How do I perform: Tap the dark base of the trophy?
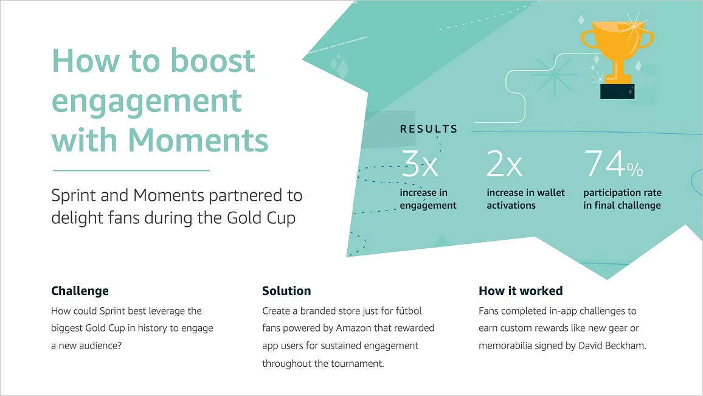[x=617, y=91]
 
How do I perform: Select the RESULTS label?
[x=429, y=129]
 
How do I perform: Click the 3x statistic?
[x=420, y=164]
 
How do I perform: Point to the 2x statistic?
[x=504, y=164]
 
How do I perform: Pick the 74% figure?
[x=613, y=164]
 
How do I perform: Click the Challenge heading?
[x=80, y=291]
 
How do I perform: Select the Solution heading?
[x=286, y=291]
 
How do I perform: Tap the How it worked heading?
[x=521, y=291]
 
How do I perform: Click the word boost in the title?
[x=212, y=60]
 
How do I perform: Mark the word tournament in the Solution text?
[x=355, y=364]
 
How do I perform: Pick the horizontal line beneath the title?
[x=131, y=170]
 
